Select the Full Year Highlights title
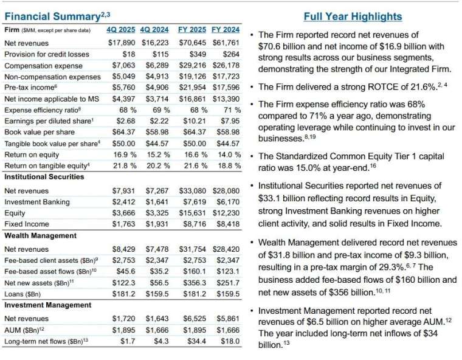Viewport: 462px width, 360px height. [353, 16]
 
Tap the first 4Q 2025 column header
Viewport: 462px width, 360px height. [120, 30]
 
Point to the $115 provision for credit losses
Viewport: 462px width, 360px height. [160, 55]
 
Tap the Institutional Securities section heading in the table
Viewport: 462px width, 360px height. [44, 176]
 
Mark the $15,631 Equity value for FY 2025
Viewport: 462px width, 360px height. [195, 213]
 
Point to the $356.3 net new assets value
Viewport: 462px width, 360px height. [196, 283]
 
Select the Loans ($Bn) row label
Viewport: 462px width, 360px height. [24, 294]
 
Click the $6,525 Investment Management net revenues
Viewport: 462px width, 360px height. [196, 318]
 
